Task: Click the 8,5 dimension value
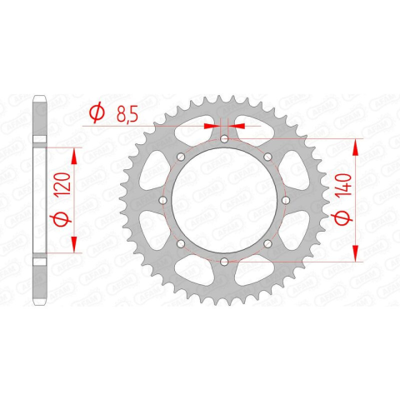pyautogui.click(x=127, y=114)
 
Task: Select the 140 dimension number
pyautogui.click(x=343, y=187)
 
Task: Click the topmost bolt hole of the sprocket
pyautogui.click(x=224, y=138)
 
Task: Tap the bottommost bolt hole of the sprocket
pyautogui.click(x=224, y=262)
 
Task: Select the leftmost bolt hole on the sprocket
pyautogui.click(x=162, y=200)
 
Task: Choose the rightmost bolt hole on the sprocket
pyautogui.click(x=286, y=200)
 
